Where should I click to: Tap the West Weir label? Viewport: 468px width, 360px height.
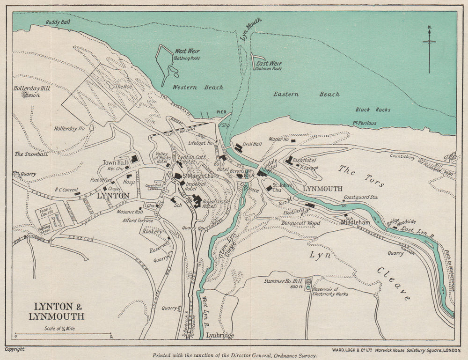pyautogui.click(x=187, y=51)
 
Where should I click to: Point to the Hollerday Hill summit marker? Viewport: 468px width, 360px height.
pyautogui.click(x=24, y=94)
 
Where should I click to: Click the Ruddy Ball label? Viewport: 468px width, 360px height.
pyautogui.click(x=58, y=22)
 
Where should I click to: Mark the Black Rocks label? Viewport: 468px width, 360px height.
pyautogui.click(x=373, y=110)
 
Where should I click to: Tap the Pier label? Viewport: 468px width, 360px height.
pyautogui.click(x=221, y=112)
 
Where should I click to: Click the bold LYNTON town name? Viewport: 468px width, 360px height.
pyautogui.click(x=112, y=196)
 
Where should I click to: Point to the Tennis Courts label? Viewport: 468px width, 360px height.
pyautogui.click(x=46, y=212)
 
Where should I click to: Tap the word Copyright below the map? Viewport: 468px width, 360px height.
pyautogui.click(x=15, y=349)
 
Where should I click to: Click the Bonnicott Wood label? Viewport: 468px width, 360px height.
pyautogui.click(x=300, y=223)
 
